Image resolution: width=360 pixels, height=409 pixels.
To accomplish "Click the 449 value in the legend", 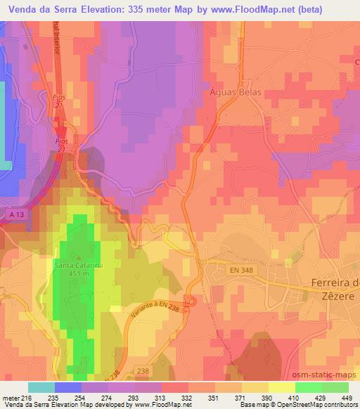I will tap(345, 397).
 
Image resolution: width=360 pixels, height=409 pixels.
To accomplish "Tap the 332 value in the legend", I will tap(187, 397).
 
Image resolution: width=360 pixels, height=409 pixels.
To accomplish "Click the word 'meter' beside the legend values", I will tap(11, 397).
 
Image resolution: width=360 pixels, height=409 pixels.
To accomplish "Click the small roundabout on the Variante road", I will tap(192, 301).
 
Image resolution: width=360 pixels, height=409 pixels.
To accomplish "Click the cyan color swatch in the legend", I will tap(41, 387).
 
